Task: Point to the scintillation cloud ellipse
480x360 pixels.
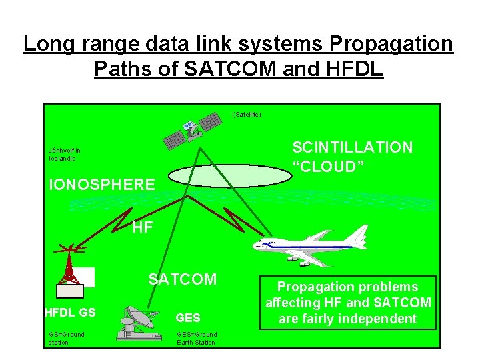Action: point(231,177)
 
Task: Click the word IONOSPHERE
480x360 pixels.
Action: point(102,185)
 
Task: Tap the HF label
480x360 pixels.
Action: point(142,228)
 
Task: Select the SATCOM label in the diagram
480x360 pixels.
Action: point(183,279)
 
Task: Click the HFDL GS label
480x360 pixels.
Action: point(70,312)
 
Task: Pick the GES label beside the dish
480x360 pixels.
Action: point(188,318)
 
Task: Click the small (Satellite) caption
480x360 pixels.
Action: point(247,115)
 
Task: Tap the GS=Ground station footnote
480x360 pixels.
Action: point(67,338)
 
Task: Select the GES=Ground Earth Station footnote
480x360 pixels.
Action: point(197,338)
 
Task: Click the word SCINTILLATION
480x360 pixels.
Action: point(353,147)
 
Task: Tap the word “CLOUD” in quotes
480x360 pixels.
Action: point(328,166)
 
